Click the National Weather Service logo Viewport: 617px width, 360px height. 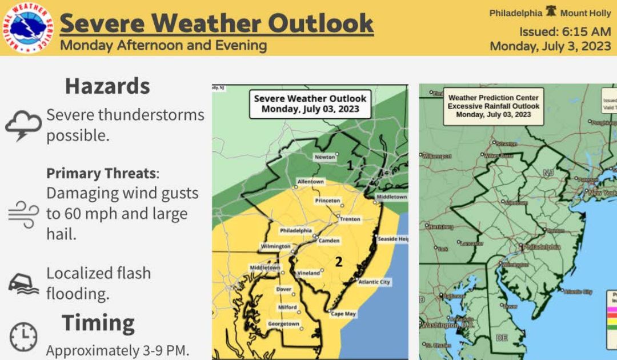pyautogui.click(x=27, y=27)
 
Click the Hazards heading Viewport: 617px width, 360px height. pyautogui.click(x=107, y=86)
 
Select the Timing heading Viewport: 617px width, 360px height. pyautogui.click(x=98, y=323)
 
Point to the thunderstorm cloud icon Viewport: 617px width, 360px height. pyautogui.click(x=23, y=125)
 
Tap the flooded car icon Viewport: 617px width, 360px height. pyautogui.click(x=23, y=282)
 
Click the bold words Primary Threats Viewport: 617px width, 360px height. pyautogui.click(x=101, y=173)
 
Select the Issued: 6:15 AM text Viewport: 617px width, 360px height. pyautogui.click(x=564, y=31)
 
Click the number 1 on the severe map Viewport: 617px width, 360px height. pyautogui.click(x=350, y=165)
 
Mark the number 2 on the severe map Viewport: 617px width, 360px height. pyautogui.click(x=339, y=262)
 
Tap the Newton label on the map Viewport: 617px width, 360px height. pyautogui.click(x=324, y=157)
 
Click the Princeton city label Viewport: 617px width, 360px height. pyautogui.click(x=327, y=201)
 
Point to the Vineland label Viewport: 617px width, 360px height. pyautogui.click(x=308, y=273)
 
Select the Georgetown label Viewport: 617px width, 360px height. pyautogui.click(x=283, y=324)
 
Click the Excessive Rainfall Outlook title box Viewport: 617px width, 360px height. pyautogui.click(x=493, y=106)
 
